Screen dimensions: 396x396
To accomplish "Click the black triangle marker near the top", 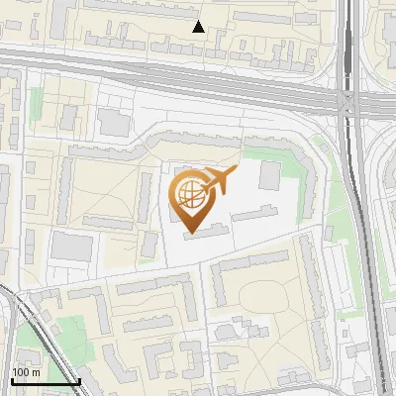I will click(198, 27).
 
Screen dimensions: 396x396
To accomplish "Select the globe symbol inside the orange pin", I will click(189, 194).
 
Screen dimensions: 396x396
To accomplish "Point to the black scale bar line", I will click(46, 381).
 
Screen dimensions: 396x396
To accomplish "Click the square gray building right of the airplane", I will click(269, 177).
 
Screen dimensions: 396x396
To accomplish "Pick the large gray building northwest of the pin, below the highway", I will click(113, 124).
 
